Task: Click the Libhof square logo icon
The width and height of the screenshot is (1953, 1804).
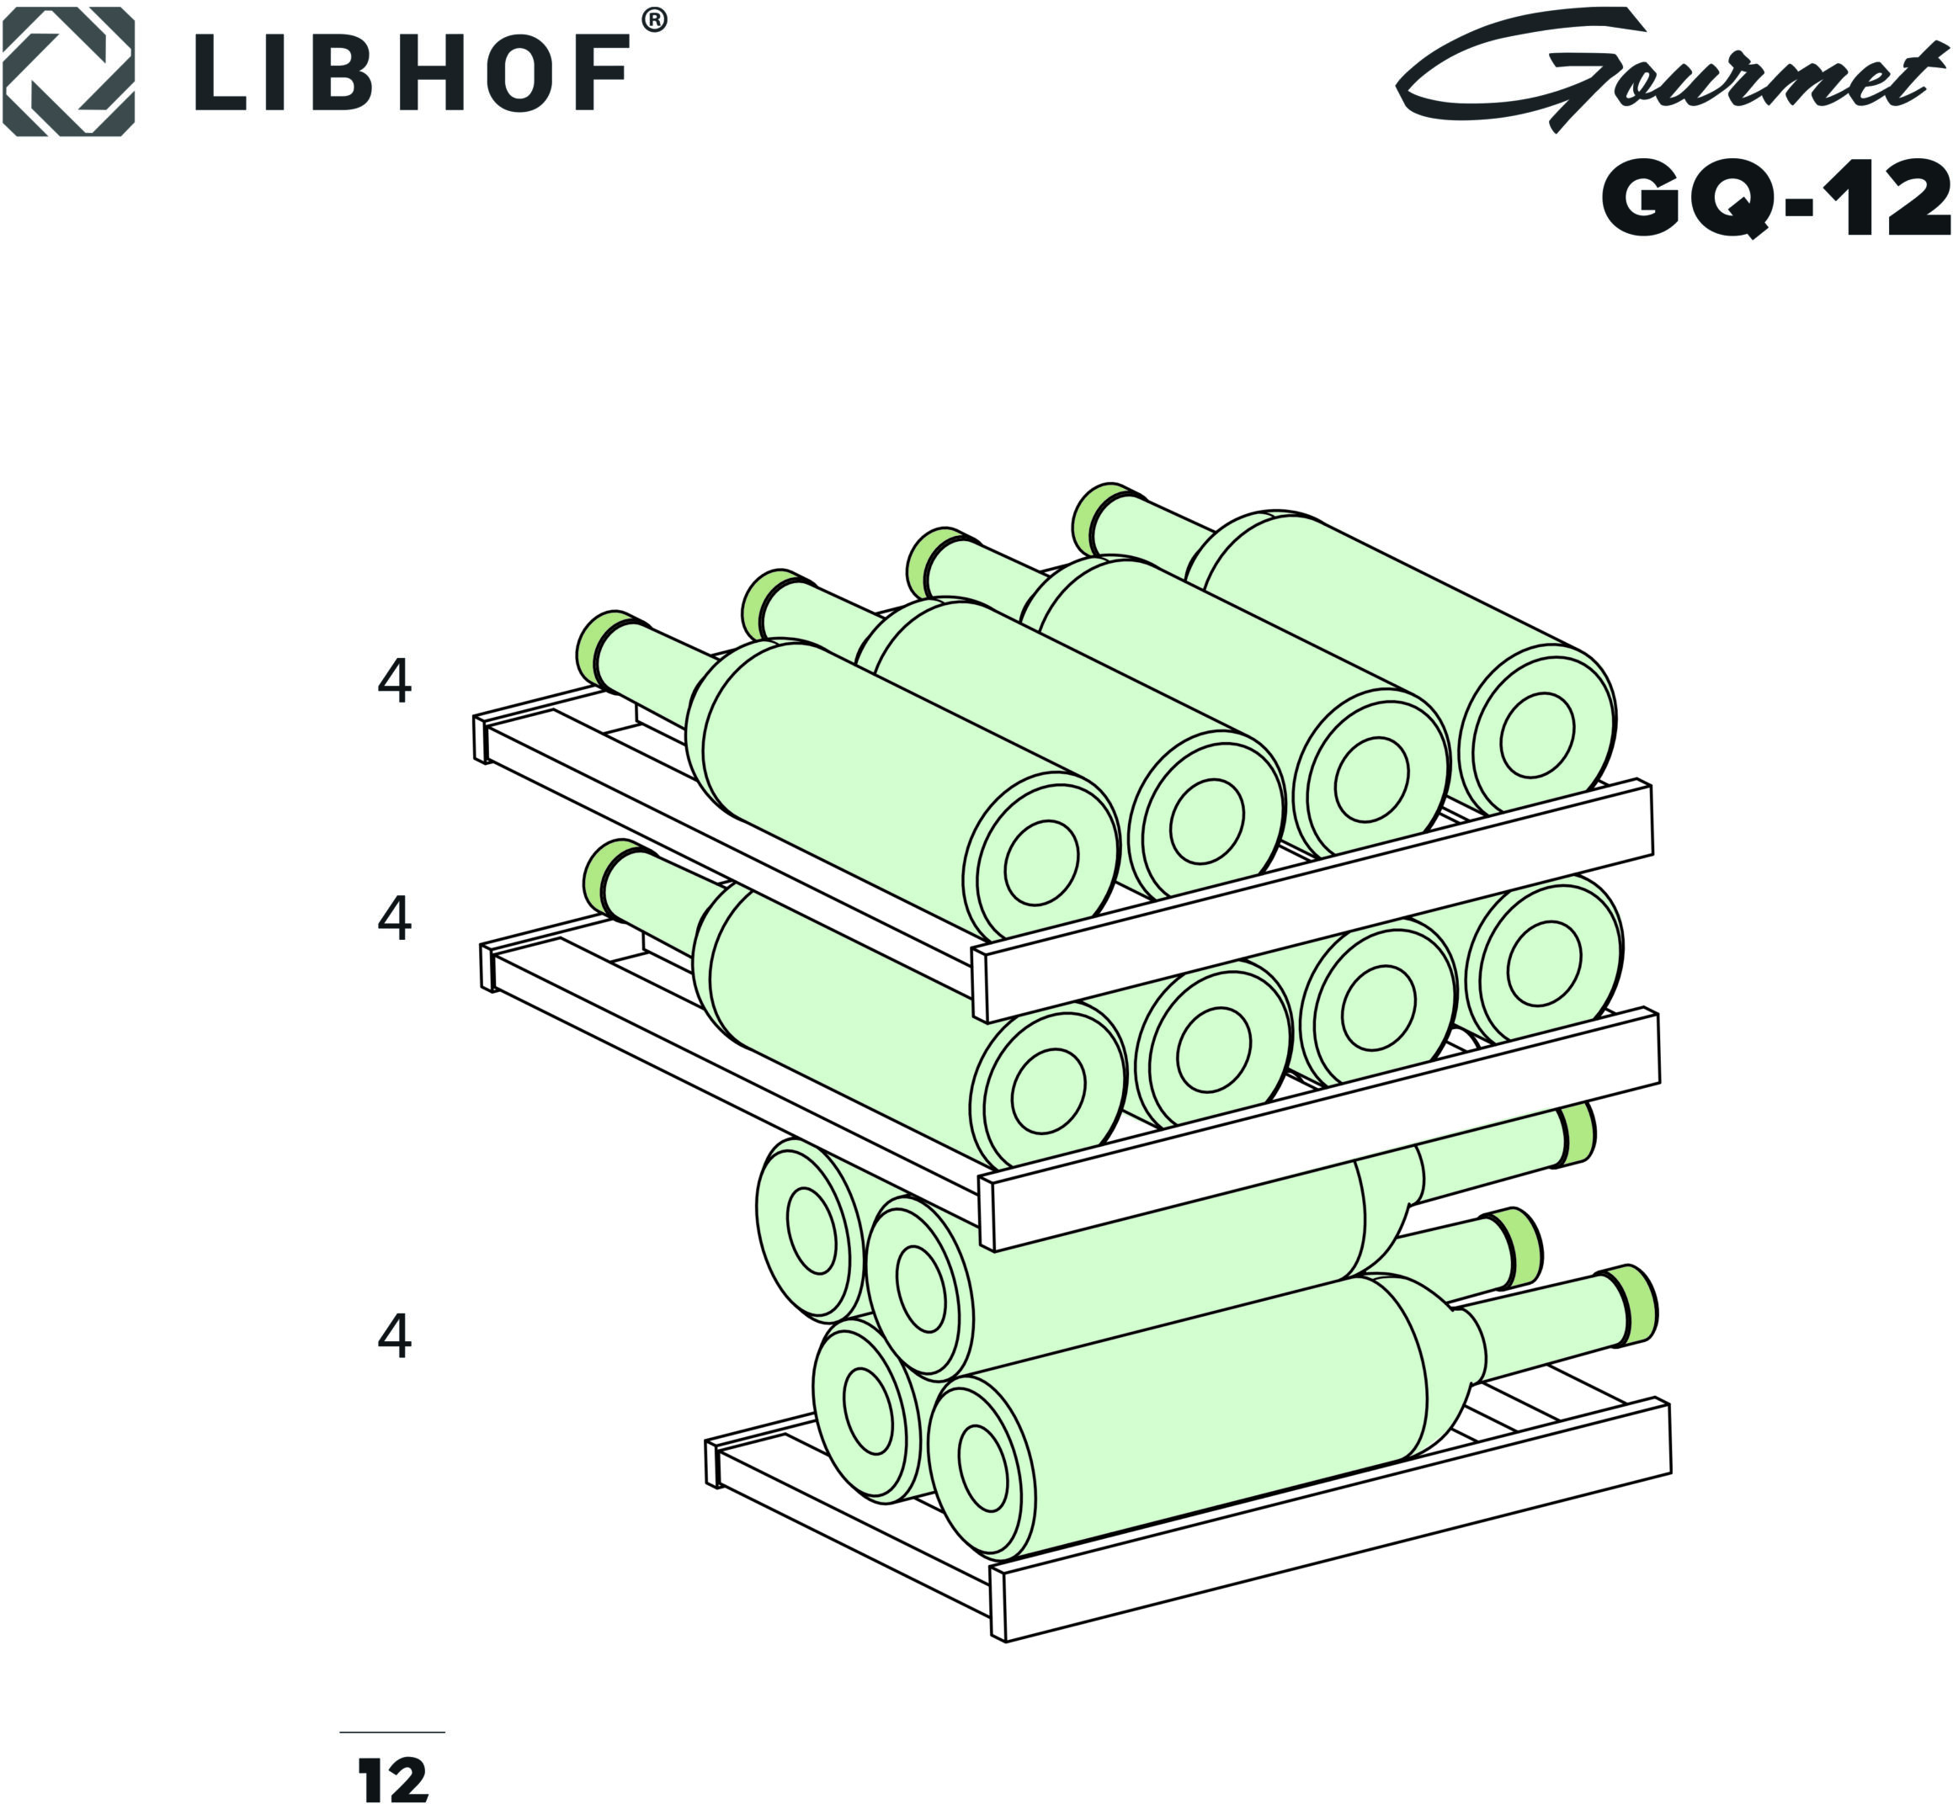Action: [67, 71]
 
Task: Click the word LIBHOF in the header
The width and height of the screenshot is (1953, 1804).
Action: [411, 73]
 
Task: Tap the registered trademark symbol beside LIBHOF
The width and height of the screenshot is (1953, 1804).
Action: [654, 20]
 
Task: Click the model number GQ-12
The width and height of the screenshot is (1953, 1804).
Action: [1776, 199]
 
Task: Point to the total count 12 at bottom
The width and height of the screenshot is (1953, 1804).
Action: [393, 1780]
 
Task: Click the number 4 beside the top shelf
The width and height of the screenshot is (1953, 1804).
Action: [395, 681]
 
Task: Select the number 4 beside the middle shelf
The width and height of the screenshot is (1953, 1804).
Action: [395, 919]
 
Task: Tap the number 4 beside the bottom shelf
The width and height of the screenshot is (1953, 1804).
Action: [395, 1336]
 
